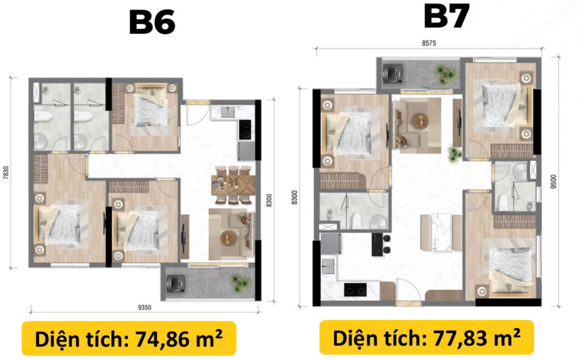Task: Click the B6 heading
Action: [152, 22]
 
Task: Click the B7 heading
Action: [446, 17]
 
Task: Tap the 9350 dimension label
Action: [144, 308]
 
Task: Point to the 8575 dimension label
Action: [429, 43]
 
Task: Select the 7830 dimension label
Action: [6, 173]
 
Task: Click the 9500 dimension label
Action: [554, 182]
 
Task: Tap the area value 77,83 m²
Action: [476, 338]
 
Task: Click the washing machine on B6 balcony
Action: [174, 283]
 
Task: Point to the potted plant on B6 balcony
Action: [240, 282]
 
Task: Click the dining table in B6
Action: [233, 185]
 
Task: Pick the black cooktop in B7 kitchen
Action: [355, 290]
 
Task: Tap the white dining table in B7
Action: [441, 232]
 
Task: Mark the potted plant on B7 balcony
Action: [445, 73]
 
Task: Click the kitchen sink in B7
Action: [328, 266]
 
